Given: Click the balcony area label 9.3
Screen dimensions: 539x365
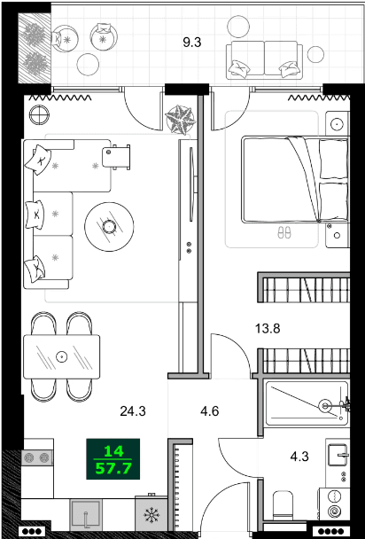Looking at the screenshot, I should pyautogui.click(x=192, y=41).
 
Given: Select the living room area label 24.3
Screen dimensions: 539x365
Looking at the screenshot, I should pyautogui.click(x=133, y=410).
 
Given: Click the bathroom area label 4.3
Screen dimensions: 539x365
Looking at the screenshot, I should pyautogui.click(x=300, y=459).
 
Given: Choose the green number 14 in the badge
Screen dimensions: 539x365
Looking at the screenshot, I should pyautogui.click(x=113, y=449).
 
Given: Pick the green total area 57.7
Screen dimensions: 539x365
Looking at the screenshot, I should pyautogui.click(x=113, y=465).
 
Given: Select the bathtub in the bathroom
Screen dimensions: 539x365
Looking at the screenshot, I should pyautogui.click(x=306, y=405).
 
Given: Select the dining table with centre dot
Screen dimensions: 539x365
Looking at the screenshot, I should pyautogui.click(x=62, y=356).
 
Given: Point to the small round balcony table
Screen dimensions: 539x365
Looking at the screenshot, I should pyautogui.click(x=89, y=64).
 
